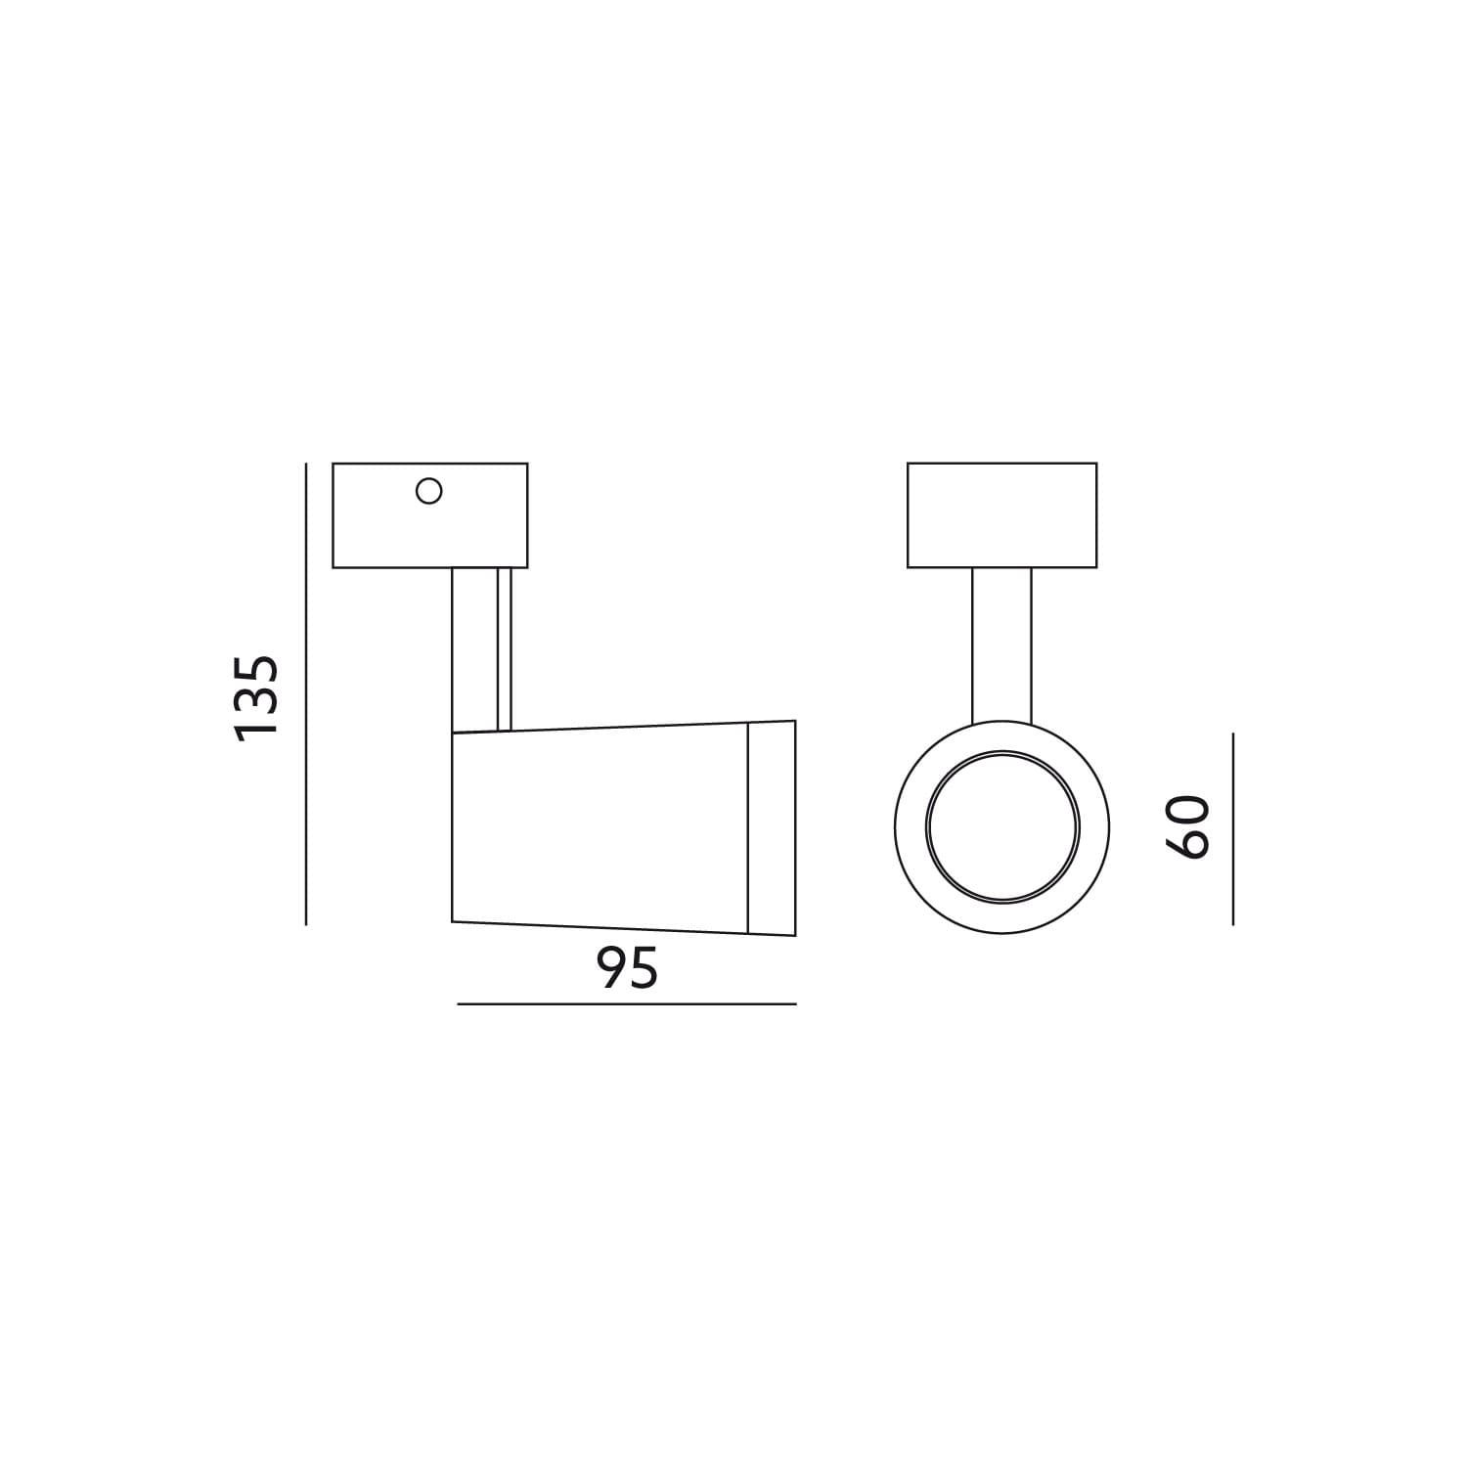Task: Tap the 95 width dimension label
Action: point(628,969)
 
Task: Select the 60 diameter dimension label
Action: point(1189,828)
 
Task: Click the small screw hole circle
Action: point(429,490)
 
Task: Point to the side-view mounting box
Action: point(430,515)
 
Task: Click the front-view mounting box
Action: point(1001,515)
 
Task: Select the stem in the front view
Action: point(1001,646)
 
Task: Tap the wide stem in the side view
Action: point(475,649)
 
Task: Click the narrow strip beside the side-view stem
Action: point(506,649)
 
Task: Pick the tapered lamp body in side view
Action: point(600,827)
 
